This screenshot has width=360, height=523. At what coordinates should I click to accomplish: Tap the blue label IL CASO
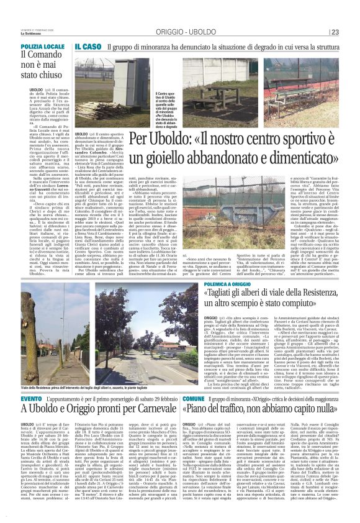[x=87, y=47]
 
